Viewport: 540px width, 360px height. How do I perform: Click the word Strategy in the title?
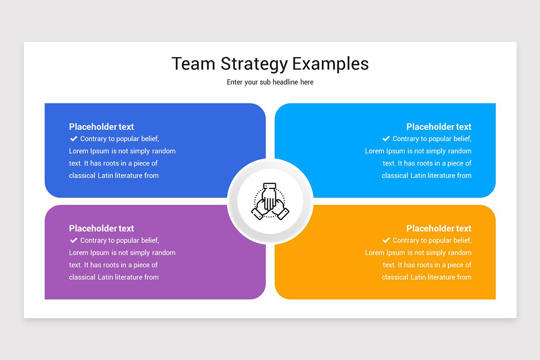click(254, 64)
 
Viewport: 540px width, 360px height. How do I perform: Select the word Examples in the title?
click(330, 64)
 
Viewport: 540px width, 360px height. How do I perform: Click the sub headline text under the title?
click(270, 82)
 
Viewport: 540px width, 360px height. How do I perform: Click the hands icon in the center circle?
click(270, 201)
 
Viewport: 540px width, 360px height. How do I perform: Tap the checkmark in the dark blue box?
click(73, 139)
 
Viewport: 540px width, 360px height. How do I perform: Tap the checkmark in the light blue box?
click(386, 139)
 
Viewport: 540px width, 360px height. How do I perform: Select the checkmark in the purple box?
click(73, 240)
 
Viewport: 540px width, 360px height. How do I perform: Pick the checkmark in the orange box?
click(386, 240)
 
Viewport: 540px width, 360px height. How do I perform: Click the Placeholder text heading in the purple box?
click(101, 229)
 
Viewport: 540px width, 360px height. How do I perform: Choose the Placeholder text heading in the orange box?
click(439, 229)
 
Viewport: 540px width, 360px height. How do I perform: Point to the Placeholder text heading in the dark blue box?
click(101, 127)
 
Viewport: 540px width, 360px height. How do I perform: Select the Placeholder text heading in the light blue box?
click(439, 127)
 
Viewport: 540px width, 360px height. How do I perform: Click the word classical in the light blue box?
click(396, 175)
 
